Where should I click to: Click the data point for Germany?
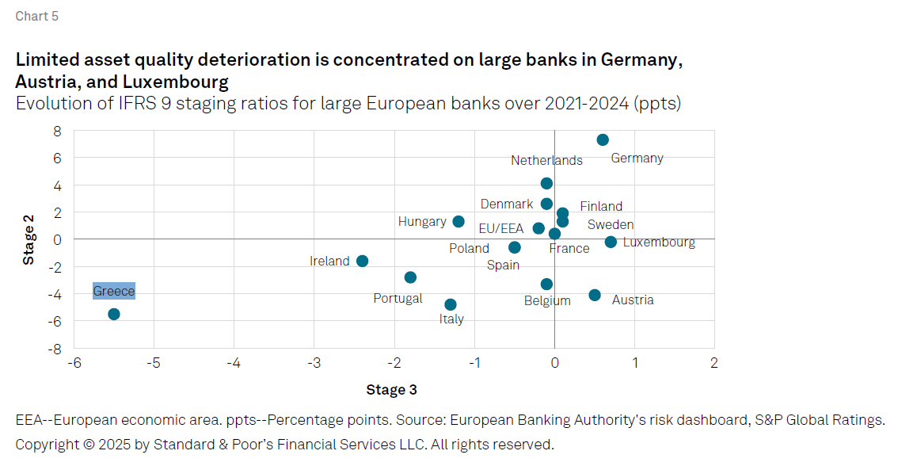603,140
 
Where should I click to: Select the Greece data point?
114,315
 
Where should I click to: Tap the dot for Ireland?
362,261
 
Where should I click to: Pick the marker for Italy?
451,304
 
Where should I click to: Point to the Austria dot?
595,295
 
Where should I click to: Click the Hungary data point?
459,222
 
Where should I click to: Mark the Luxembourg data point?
611,242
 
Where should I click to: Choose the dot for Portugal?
410,277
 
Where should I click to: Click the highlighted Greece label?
114,292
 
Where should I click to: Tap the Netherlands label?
546,161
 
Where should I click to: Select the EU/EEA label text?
501,229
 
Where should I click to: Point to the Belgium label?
547,301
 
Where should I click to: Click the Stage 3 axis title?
391,390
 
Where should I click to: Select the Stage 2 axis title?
29,239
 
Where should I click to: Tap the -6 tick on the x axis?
74,363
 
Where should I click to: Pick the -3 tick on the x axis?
314,363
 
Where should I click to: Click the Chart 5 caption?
36,17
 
